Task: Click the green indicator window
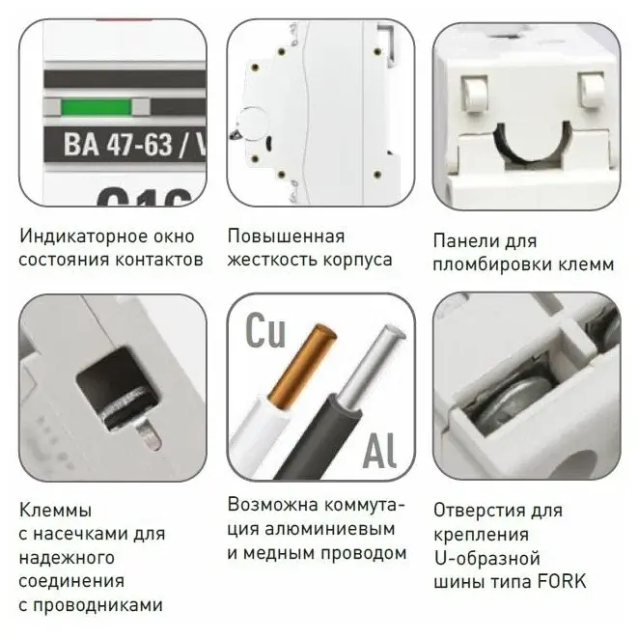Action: (97, 107)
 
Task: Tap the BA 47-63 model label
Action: (134, 144)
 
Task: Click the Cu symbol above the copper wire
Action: (265, 330)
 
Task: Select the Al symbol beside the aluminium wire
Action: (379, 450)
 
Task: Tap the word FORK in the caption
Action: (562, 581)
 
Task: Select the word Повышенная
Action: (286, 236)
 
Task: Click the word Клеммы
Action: (55, 511)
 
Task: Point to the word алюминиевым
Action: (329, 529)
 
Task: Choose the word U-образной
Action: (487, 558)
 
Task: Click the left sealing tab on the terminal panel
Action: (475, 94)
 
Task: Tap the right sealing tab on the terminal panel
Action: (592, 91)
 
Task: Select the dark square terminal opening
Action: (117, 386)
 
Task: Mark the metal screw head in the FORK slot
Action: (513, 402)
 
